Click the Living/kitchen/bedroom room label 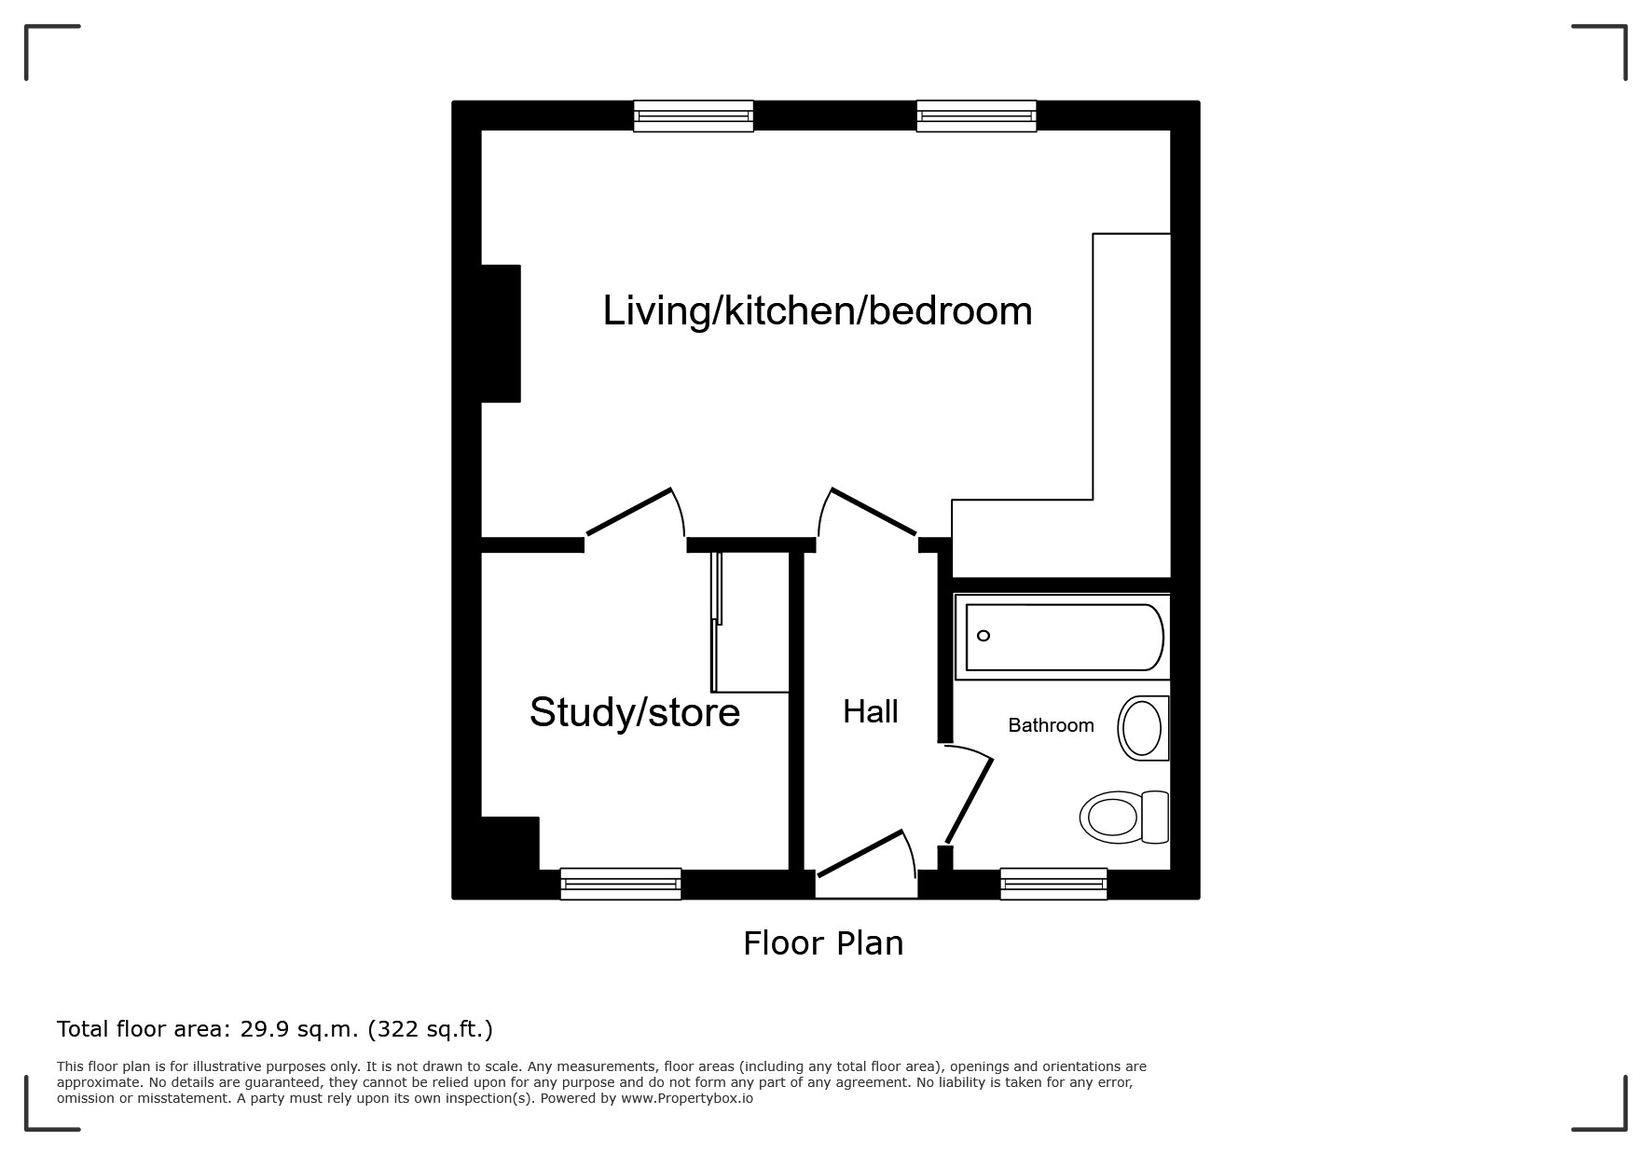[x=818, y=311]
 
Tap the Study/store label [x=635, y=712]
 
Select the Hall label [x=871, y=712]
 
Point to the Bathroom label [x=1051, y=725]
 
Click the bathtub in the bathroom [x=1063, y=637]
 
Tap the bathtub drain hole [x=984, y=636]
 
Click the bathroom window [x=1053, y=884]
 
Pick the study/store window [x=621, y=884]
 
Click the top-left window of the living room [x=694, y=117]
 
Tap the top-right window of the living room [x=976, y=117]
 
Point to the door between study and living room [x=629, y=512]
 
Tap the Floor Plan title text [x=823, y=943]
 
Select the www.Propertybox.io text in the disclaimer [x=687, y=1098]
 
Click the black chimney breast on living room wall [x=501, y=334]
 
